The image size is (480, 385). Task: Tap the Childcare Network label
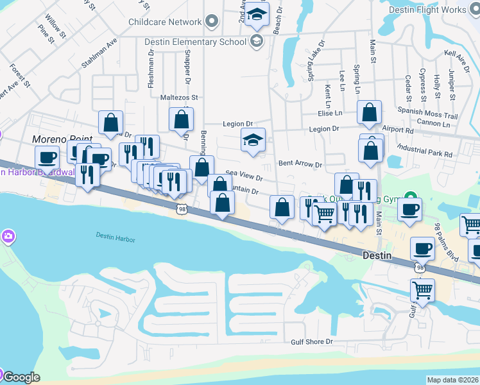pos(164,22)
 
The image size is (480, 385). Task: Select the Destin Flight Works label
pos(436,10)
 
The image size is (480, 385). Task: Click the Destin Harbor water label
pos(116,238)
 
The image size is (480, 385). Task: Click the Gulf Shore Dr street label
pos(312,342)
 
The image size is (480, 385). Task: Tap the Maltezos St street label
pos(179,98)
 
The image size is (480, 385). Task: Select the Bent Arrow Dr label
pos(300,164)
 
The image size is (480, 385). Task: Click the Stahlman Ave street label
pos(99,54)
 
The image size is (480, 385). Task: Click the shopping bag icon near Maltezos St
pos(181,119)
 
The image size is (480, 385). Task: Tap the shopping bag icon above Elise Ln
pos(370,112)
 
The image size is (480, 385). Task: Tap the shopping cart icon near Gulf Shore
pos(422,290)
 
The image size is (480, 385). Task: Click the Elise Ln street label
pos(330,113)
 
